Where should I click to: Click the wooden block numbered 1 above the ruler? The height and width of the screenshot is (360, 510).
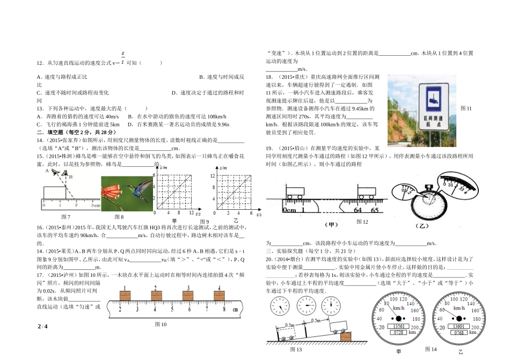(124, 294)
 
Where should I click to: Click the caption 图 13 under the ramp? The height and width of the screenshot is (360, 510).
(296, 349)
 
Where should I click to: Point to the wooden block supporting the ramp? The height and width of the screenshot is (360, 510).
(346, 336)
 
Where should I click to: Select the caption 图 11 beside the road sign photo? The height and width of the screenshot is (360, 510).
(465, 108)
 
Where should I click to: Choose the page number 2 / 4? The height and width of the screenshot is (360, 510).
(43, 327)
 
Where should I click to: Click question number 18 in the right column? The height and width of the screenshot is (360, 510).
(269, 77)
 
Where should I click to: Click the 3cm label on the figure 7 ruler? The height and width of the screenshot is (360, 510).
(96, 205)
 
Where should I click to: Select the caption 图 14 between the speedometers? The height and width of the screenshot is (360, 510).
(431, 349)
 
